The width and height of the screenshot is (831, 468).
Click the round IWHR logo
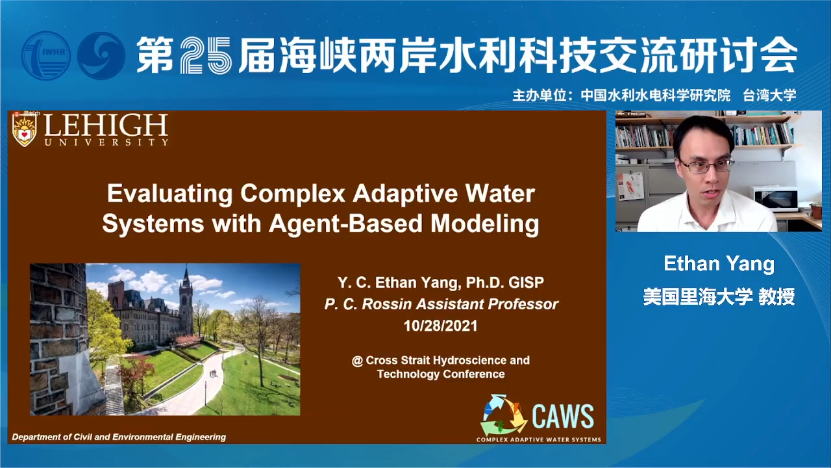pyautogui.click(x=46, y=56)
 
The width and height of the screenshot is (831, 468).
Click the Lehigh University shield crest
pyautogui.click(x=25, y=131)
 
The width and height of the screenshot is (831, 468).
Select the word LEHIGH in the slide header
pyautogui.click(x=106, y=125)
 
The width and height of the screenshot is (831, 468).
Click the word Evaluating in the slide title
pyautogui.click(x=170, y=194)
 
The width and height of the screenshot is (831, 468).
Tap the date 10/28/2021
pyautogui.click(x=441, y=326)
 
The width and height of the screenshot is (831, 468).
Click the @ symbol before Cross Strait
pyautogui.click(x=357, y=361)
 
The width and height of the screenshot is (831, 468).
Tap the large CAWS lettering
pyautogui.click(x=563, y=417)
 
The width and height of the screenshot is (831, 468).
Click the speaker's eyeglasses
pyautogui.click(x=706, y=165)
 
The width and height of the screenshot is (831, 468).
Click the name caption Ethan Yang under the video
pyautogui.click(x=719, y=264)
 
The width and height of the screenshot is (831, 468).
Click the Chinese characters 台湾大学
pyautogui.click(x=769, y=96)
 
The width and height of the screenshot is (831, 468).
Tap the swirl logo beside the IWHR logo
pyautogui.click(x=101, y=56)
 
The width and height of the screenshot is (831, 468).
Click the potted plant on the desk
pyautogui.click(x=816, y=210)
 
